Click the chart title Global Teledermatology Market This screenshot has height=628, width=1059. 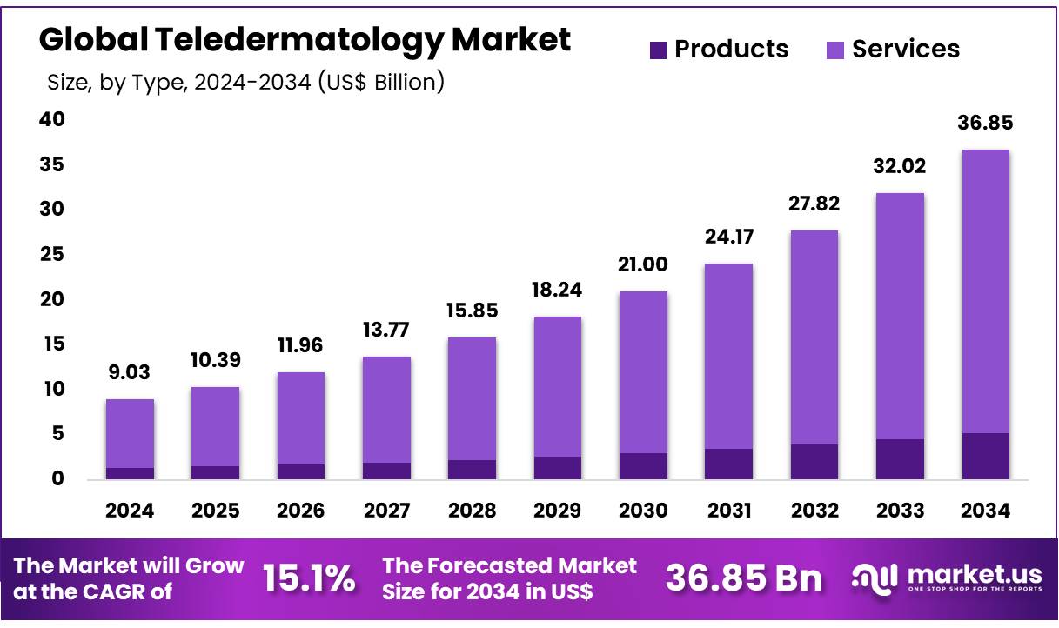pos(305,40)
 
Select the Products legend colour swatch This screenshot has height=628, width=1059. pos(659,50)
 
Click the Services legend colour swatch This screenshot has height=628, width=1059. pos(835,50)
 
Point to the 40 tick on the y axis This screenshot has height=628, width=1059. pos(52,119)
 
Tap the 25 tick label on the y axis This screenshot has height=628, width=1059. pos(52,254)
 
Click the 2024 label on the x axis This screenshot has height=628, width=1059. pos(130,511)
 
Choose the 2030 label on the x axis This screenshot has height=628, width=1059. pos(643,511)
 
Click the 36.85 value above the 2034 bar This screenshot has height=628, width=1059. pos(985,124)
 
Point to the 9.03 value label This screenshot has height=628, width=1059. pos(130,373)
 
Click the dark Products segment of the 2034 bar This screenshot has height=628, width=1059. pos(985,456)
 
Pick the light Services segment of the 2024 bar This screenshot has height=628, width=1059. pos(130,433)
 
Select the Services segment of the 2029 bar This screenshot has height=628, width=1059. pos(558,386)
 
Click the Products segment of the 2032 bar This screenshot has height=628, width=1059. pos(814,461)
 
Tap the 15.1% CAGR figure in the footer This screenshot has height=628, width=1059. pos(309,578)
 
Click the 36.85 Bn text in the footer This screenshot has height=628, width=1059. pos(744,578)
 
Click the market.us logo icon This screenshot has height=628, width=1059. pos(875,578)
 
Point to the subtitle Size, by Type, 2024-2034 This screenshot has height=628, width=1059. pos(245,83)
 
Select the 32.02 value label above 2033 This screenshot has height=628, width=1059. pos(900,166)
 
